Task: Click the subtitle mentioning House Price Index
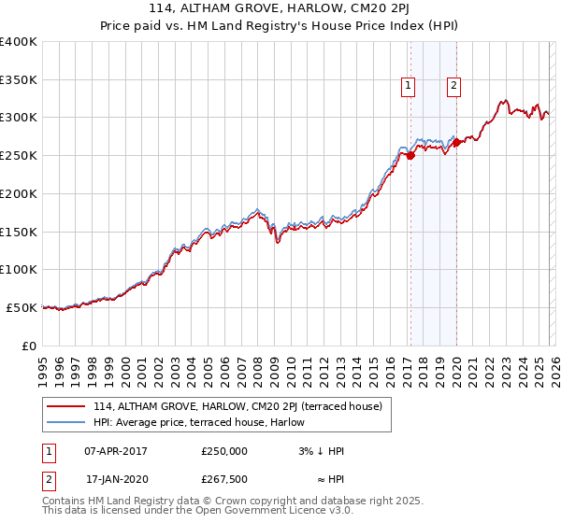[280, 26]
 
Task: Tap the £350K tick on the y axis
[19, 80]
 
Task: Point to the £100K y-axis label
[19, 270]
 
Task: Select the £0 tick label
[28, 346]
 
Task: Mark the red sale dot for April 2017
[410, 156]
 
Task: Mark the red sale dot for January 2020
[455, 143]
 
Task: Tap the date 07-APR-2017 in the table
[115, 451]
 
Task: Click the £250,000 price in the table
[224, 451]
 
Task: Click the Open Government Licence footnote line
[198, 511]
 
